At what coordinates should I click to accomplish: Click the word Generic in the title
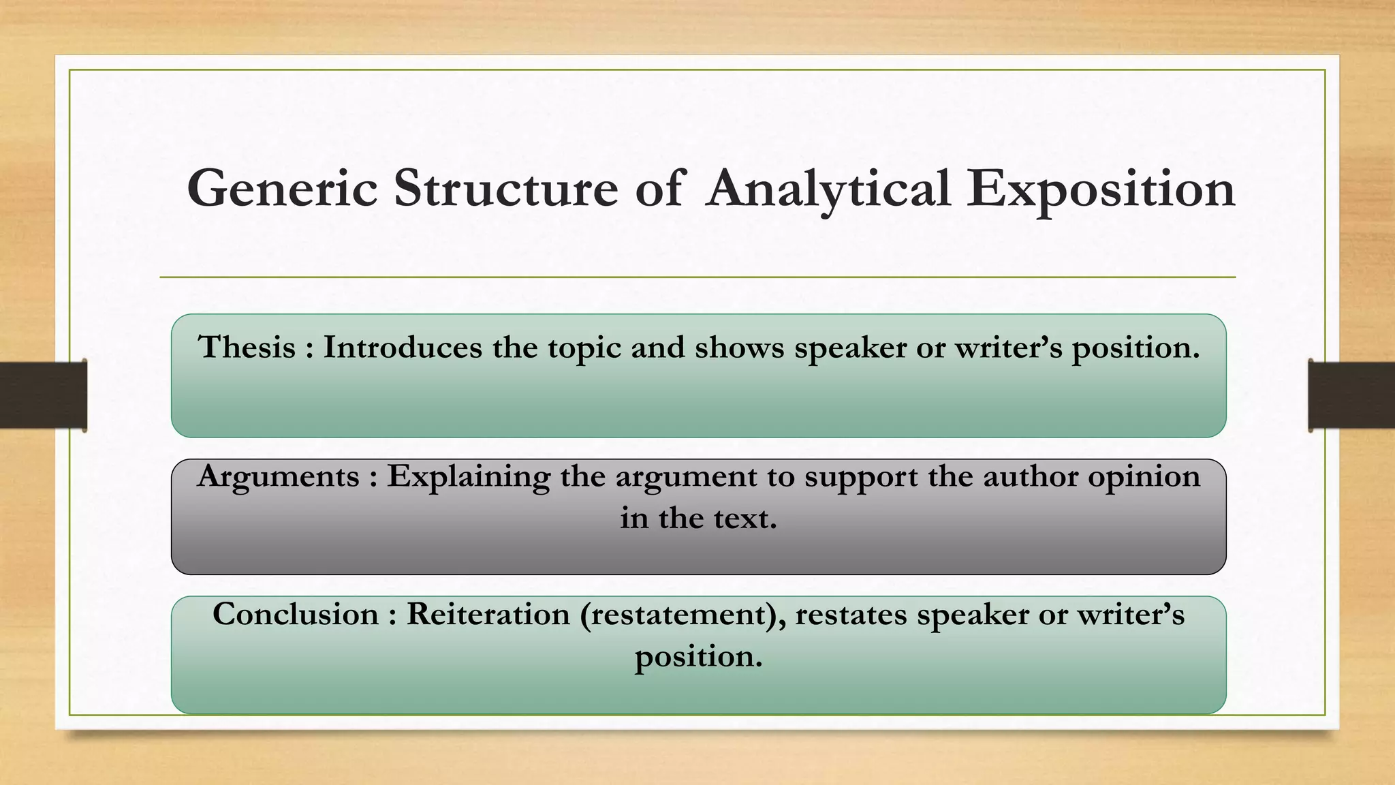pyautogui.click(x=282, y=189)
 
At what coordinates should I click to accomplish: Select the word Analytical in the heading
pyautogui.click(x=828, y=189)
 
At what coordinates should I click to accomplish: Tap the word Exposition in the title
pyautogui.click(x=1100, y=189)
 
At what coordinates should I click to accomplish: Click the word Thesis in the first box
pyautogui.click(x=247, y=348)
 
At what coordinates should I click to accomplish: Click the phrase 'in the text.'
pyautogui.click(x=698, y=519)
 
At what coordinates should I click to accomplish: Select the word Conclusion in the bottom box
pyautogui.click(x=296, y=615)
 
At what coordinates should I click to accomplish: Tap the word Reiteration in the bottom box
pyautogui.click(x=488, y=615)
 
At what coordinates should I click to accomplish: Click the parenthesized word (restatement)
pyautogui.click(x=682, y=615)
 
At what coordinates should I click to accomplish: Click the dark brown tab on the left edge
pyautogui.click(x=43, y=395)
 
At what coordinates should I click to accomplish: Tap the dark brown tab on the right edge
pyautogui.click(x=1352, y=395)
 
